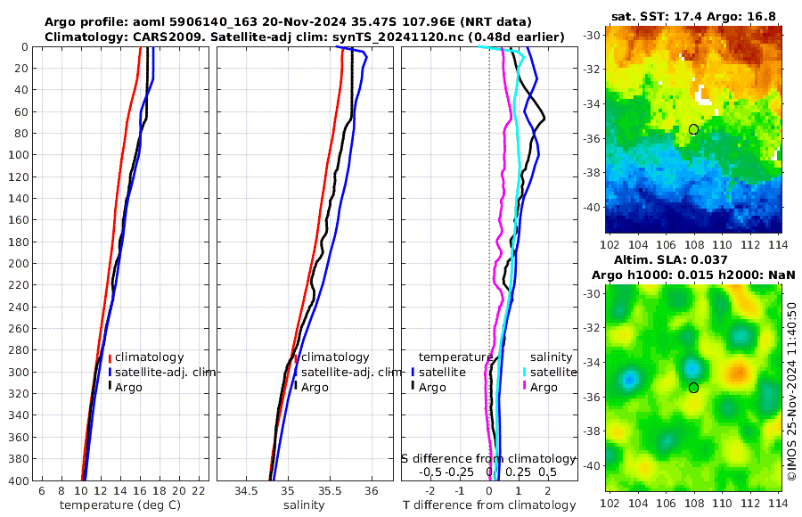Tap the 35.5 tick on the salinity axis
pos(329,491)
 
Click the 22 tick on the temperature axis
pos(199,491)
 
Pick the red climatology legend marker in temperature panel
pos(110,357)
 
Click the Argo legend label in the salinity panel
pos(315,387)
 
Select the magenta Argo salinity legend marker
pos(525,387)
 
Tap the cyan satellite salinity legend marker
pos(525,372)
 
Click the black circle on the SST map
pos(693,129)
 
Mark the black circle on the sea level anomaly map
pos(693,388)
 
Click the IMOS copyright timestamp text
pos(791,390)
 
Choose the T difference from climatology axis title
pos(489,505)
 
